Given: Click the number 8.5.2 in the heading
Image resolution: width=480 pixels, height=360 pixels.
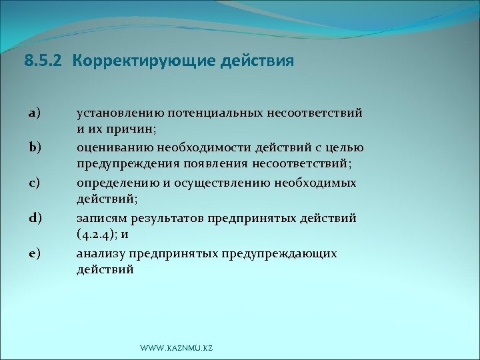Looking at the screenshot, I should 44,62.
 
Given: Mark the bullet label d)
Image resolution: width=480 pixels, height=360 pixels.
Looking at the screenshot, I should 35,217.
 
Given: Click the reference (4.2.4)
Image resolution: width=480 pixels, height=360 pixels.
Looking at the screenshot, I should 96,233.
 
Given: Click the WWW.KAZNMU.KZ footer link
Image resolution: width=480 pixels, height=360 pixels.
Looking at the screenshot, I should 176,349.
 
